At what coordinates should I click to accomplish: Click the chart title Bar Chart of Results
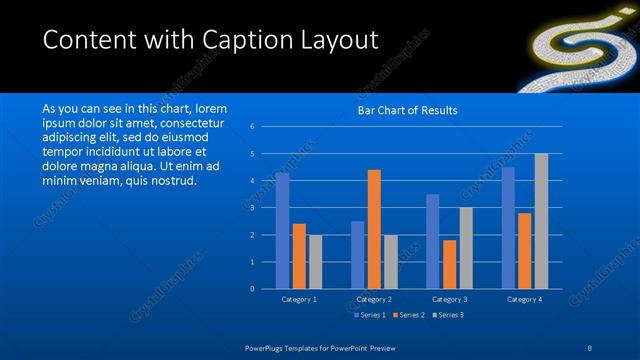pos(407,110)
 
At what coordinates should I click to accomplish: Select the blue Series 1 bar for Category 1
pos(282,230)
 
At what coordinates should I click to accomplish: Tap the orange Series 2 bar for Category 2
pos(374,229)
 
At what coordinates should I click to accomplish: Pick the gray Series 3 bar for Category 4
pos(541,221)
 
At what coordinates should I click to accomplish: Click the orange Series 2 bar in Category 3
pos(450,264)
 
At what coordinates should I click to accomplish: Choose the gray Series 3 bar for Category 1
pos(315,262)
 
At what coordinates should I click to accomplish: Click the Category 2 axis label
pos(373,299)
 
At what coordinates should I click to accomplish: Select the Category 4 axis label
pos(524,299)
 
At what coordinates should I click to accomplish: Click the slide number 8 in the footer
pos(590,347)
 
